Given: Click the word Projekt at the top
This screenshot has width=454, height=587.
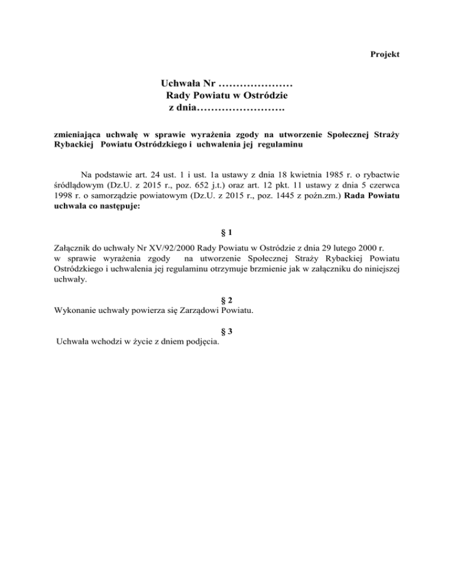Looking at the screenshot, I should click(x=385, y=54).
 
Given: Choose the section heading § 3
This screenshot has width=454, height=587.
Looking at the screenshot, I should click(x=227, y=331).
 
